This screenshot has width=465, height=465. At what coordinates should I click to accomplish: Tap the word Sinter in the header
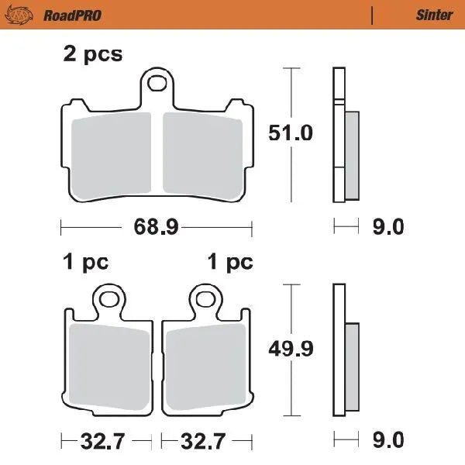pyautogui.click(x=434, y=15)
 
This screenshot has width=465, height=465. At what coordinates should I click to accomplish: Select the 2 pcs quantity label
pyautogui.click(x=92, y=54)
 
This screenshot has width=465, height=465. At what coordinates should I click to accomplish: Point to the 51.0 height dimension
pyautogui.click(x=291, y=133)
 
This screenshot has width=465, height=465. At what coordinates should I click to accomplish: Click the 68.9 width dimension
pyautogui.click(x=157, y=227)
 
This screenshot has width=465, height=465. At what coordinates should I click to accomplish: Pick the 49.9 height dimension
pyautogui.click(x=291, y=349)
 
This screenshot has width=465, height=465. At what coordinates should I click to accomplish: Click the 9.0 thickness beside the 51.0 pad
pyautogui.click(x=387, y=227)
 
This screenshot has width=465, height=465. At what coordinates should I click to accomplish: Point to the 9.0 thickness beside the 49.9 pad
pyautogui.click(x=387, y=440)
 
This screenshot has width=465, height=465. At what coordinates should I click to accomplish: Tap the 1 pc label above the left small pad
pyautogui.click(x=85, y=263)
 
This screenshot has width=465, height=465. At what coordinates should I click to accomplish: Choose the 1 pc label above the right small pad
pyautogui.click(x=230, y=263)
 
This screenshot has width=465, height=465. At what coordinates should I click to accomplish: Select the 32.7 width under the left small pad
pyautogui.click(x=102, y=441)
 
